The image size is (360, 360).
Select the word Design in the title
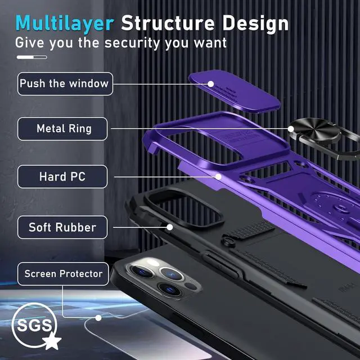click(256, 23)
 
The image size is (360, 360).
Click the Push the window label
click(64, 84)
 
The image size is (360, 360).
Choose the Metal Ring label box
click(64, 129)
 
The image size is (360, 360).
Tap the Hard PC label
click(62, 177)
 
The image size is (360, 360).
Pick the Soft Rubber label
click(62, 228)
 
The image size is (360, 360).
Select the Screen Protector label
click(62, 274)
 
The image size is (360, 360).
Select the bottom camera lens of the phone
click(168, 289)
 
